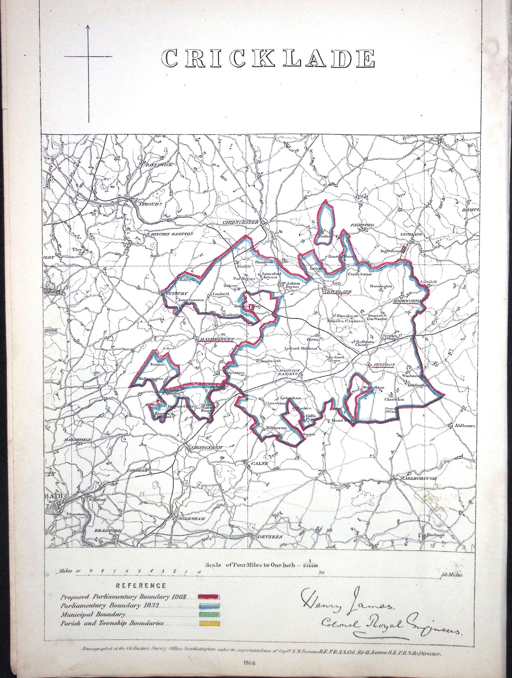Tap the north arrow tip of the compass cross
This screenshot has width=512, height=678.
89,26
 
